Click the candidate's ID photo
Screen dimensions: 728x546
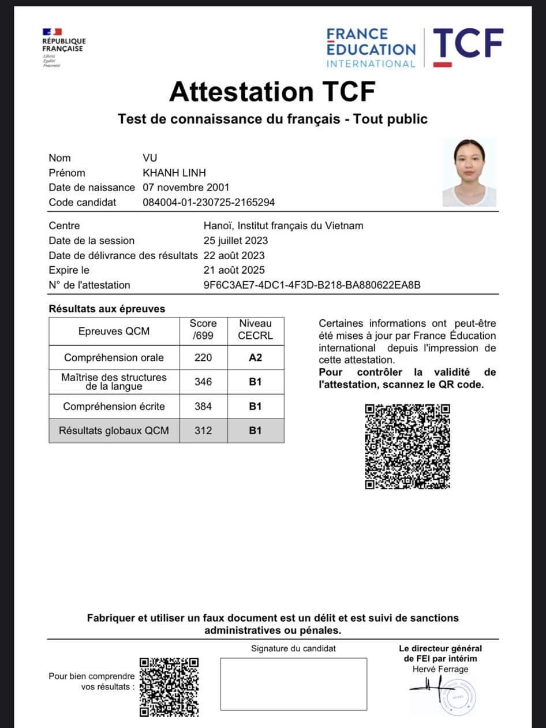point(469,173)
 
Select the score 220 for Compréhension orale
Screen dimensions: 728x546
point(203,357)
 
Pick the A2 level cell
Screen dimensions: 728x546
point(255,357)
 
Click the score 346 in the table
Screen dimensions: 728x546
point(203,382)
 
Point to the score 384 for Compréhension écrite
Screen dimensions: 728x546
point(203,406)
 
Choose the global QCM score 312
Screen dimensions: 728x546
point(203,431)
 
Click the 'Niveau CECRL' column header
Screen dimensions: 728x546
point(255,330)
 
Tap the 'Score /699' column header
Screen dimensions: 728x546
point(203,330)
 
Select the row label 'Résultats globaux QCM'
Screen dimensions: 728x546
point(114,431)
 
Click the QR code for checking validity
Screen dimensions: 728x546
point(407,446)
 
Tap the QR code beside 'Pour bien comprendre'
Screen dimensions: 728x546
point(170,686)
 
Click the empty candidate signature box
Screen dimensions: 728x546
point(293,684)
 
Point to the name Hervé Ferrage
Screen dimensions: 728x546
point(440,669)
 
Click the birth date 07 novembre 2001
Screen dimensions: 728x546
point(186,187)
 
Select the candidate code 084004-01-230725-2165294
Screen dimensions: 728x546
point(208,202)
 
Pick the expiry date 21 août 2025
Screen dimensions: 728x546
point(234,270)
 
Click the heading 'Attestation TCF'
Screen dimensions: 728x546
point(272,91)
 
